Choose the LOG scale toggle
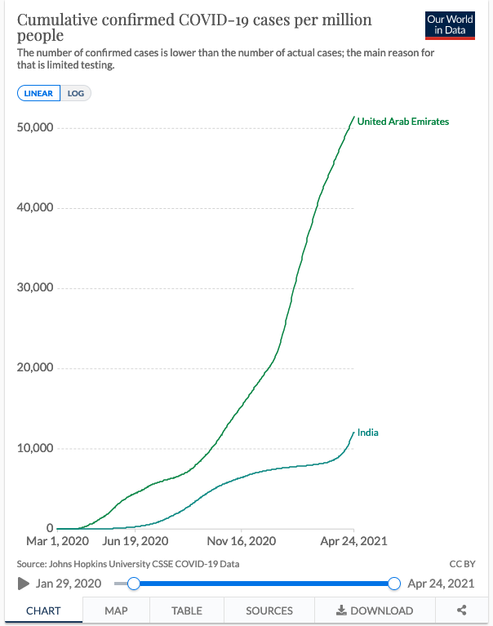pyautogui.click(x=76, y=93)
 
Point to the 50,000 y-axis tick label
pyautogui.click(x=35, y=128)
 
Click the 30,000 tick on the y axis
pyautogui.click(x=35, y=288)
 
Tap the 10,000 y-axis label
pyautogui.click(x=35, y=448)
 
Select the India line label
pyautogui.click(x=368, y=433)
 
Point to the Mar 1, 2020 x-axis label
pyautogui.click(x=57, y=541)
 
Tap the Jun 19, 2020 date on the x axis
pyautogui.click(x=135, y=541)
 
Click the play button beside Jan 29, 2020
pyautogui.click(x=24, y=584)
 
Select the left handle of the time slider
pyautogui.click(x=134, y=584)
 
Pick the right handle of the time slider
pyautogui.click(x=394, y=584)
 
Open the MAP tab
pyautogui.click(x=117, y=610)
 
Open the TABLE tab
pyautogui.click(x=187, y=610)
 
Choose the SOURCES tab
pyautogui.click(x=269, y=610)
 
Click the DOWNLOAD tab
pyautogui.click(x=375, y=610)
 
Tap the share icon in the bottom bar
pyautogui.click(x=462, y=610)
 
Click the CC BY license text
pyautogui.click(x=462, y=564)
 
